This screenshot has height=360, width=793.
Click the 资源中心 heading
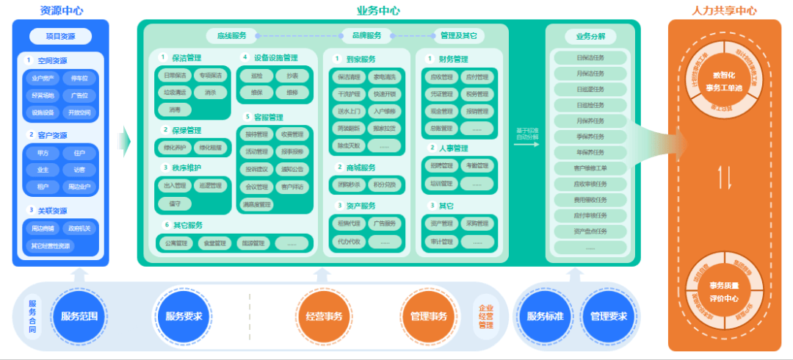(x=61, y=10)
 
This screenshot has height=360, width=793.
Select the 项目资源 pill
(x=61, y=36)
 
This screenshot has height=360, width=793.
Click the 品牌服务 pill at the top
(x=366, y=35)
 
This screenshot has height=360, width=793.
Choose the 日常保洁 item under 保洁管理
(x=175, y=75)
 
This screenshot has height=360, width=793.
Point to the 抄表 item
(x=292, y=75)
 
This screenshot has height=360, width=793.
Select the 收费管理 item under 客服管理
(x=292, y=134)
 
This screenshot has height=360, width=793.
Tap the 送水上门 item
(x=348, y=110)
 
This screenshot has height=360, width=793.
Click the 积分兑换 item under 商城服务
(x=384, y=184)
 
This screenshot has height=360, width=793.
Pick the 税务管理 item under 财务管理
(x=477, y=93)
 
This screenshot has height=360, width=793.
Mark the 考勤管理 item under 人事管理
(x=477, y=166)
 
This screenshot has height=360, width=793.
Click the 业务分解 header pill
(x=590, y=36)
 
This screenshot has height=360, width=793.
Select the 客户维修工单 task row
(x=590, y=168)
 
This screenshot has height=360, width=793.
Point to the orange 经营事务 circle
(x=324, y=317)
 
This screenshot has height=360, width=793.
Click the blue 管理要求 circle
(x=609, y=317)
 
